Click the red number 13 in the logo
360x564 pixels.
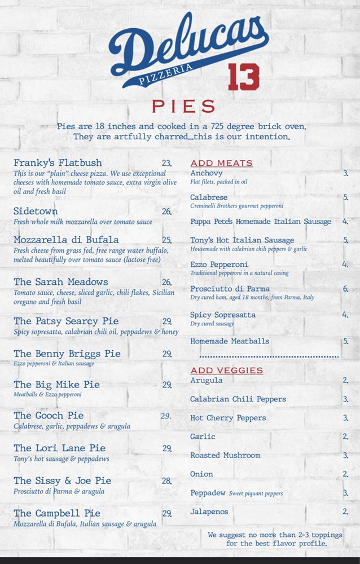point(244,77)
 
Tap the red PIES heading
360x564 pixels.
point(184,106)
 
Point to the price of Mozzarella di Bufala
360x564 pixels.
point(166,240)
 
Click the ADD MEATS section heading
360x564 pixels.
point(221,164)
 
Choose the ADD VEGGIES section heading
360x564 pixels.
point(226,371)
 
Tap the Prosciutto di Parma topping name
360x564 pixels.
point(230,289)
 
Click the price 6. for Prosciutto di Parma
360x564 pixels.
point(345,289)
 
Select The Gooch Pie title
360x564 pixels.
point(49,416)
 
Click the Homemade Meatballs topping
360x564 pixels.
point(230,341)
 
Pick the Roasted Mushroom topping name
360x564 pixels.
point(225,455)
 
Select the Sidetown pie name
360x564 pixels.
point(36,211)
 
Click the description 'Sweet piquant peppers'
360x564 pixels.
point(256,493)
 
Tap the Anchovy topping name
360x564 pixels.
point(207,173)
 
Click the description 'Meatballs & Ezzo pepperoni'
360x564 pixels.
point(48,395)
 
